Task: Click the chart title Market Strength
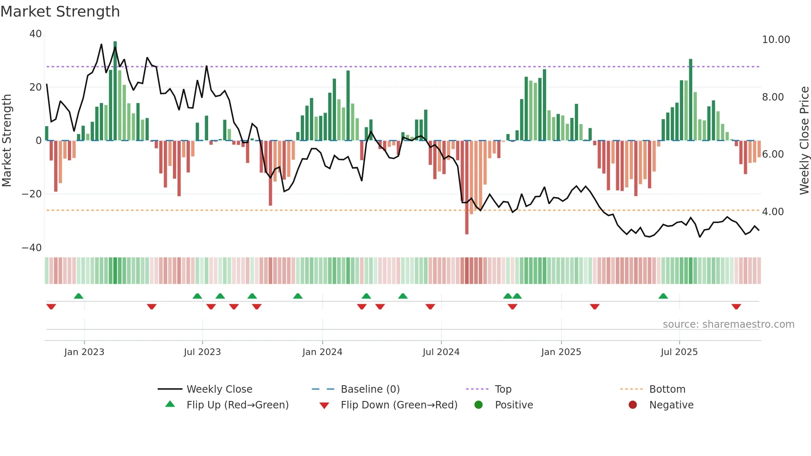(x=60, y=12)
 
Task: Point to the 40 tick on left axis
(x=36, y=34)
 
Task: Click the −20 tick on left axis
(x=32, y=194)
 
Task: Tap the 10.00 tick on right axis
(x=776, y=40)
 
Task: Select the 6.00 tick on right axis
(x=773, y=154)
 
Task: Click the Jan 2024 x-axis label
(x=322, y=352)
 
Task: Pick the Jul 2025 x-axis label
(x=679, y=352)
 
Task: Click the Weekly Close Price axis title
(x=804, y=141)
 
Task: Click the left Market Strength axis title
(x=7, y=141)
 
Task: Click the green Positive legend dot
(x=479, y=405)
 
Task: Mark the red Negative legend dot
(x=633, y=405)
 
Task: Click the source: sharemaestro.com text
(x=728, y=324)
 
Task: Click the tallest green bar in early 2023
(x=115, y=91)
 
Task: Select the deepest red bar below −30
(x=467, y=188)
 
